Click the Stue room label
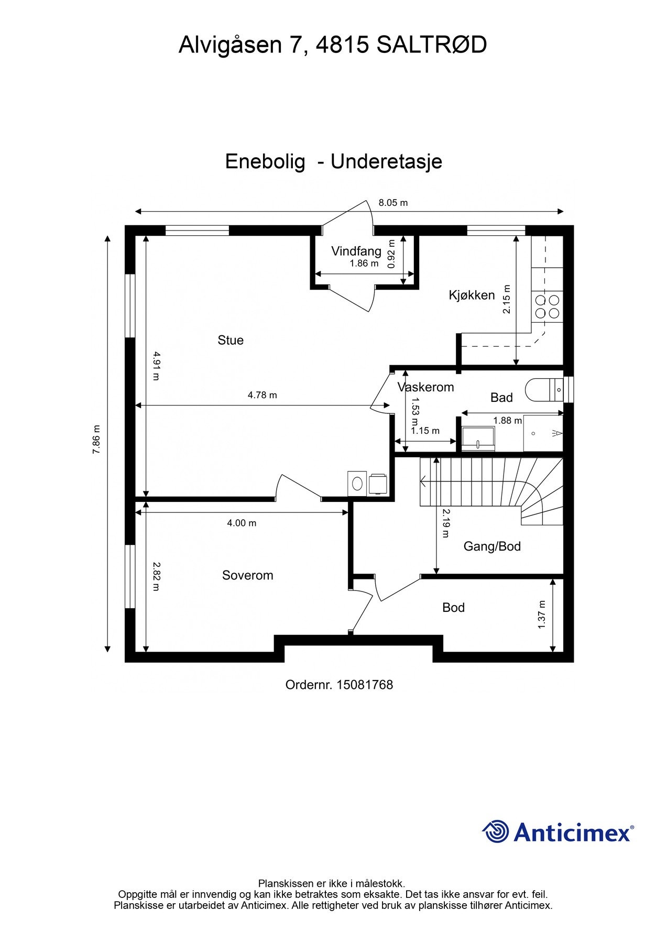click(231, 340)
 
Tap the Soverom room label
click(248, 575)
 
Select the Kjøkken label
click(472, 295)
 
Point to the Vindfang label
click(356, 251)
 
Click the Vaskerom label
click(425, 387)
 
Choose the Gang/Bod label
click(492, 546)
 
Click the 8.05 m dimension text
click(393, 203)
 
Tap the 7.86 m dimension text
click(96, 438)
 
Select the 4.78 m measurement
click(262, 395)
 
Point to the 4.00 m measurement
click(242, 523)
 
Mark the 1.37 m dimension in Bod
click(542, 615)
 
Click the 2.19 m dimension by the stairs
click(445, 523)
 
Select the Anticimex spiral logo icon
click(496, 831)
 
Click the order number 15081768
click(365, 685)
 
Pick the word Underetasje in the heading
click(386, 161)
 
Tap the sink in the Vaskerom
click(478, 438)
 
